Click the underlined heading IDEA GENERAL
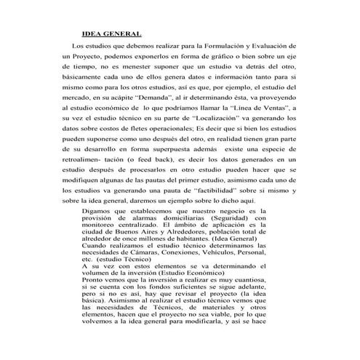111,33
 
